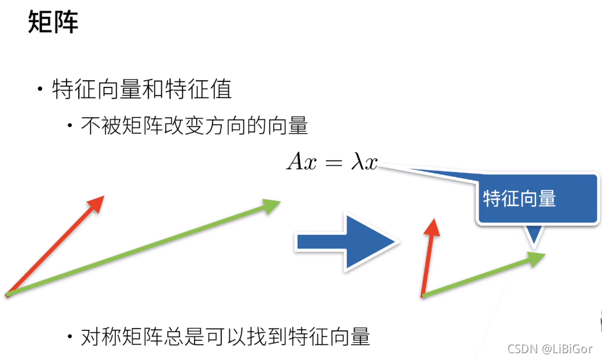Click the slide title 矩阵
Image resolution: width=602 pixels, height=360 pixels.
(x=53, y=23)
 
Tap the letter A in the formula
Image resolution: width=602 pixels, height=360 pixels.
(x=295, y=162)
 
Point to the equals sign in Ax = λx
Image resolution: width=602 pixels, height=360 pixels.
(x=333, y=163)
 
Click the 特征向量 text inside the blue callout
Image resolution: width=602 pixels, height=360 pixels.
(x=519, y=198)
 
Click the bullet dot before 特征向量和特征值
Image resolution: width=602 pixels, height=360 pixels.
(x=40, y=91)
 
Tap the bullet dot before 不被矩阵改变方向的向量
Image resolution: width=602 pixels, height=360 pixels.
(x=70, y=126)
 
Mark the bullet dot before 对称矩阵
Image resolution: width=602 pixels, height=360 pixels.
(x=70, y=337)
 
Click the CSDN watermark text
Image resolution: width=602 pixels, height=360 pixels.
(x=522, y=349)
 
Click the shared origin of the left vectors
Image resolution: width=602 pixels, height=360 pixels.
(x=7, y=295)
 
